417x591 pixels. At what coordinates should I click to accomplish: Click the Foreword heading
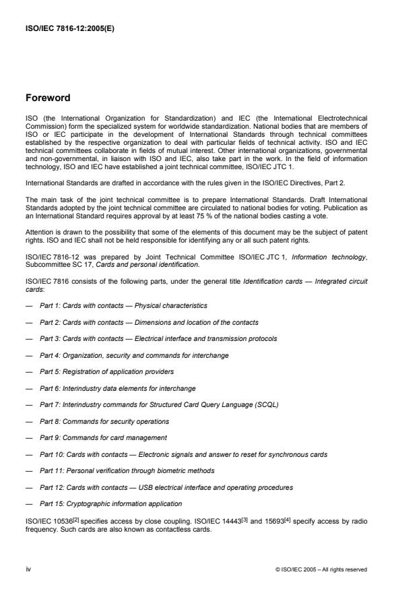[x=48, y=97]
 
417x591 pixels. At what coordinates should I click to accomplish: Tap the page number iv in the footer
[x=28, y=569]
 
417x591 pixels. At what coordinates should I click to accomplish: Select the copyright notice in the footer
[x=322, y=569]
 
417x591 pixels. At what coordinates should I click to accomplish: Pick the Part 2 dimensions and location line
[x=148, y=322]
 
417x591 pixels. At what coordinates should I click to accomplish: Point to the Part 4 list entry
[x=134, y=355]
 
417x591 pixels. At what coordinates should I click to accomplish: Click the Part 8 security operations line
[x=104, y=421]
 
